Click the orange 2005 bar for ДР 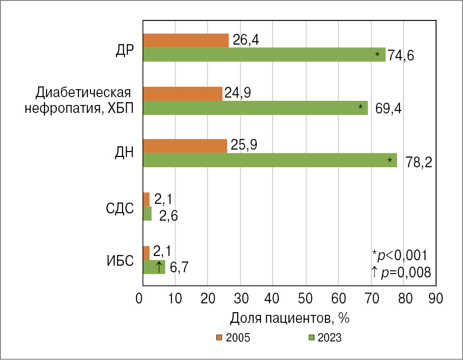click(186, 41)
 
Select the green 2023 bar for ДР click(264, 55)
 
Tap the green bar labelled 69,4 click(255, 108)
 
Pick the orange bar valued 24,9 click(183, 94)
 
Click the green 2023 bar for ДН click(270, 160)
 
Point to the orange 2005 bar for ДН click(185, 146)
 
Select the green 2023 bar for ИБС click(154, 267)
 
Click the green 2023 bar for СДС click(147, 214)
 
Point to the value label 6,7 click(178, 268)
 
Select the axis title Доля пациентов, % click(289, 319)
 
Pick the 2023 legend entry click(325, 338)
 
